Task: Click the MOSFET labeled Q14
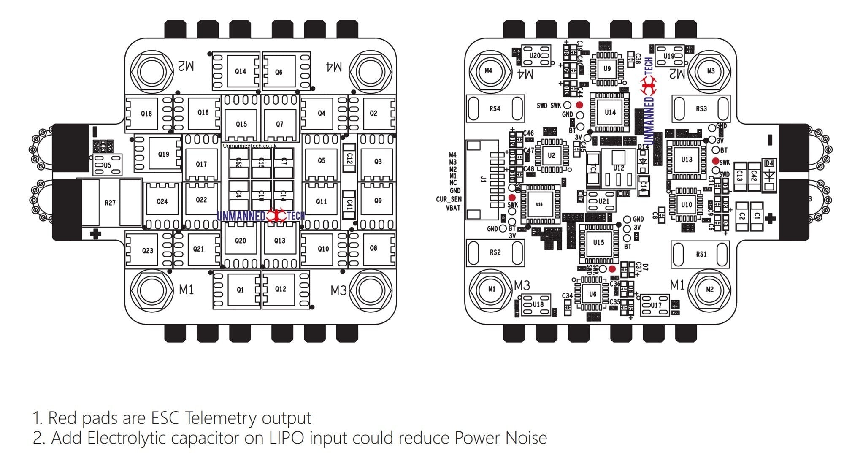pos(240,71)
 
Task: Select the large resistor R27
pos(111,203)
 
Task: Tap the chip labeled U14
pos(610,112)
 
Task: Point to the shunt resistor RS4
pos(495,108)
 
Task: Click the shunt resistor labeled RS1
pos(701,254)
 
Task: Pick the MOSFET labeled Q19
pos(163,154)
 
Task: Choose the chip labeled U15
pos(598,243)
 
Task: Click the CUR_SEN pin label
pos(449,199)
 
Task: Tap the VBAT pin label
pos(453,208)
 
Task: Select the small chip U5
pos(108,165)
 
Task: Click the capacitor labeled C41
pos(349,204)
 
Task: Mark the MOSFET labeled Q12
pos(280,289)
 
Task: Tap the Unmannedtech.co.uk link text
pos(250,146)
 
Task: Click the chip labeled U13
pos(687,160)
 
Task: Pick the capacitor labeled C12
pos(349,158)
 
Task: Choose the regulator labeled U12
pos(618,168)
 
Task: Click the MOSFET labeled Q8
pos(373,248)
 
